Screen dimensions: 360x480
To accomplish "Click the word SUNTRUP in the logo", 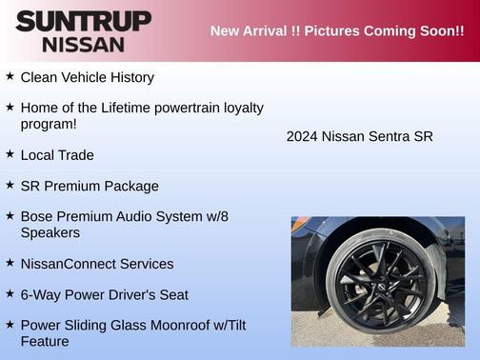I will pos(83,21).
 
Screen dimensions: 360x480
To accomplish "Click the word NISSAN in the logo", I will pos(83,43).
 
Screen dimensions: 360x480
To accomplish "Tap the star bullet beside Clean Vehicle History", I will pos(10,76).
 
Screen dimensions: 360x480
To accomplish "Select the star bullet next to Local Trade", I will pos(10,154).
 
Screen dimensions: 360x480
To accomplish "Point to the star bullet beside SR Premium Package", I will pos(10,186).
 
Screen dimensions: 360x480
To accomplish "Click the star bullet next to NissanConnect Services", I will pos(10,263).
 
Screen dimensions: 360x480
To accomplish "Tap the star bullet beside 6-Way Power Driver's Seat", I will pos(10,294).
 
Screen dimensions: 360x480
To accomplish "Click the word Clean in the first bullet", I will pos(40,77).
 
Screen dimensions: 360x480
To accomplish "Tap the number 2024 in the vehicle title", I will pos(302,136).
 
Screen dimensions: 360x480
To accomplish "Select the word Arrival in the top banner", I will pos(273,31).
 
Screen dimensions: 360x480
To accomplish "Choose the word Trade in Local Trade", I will pos(75,155).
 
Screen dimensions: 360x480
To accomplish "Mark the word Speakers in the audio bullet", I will pos(50,232).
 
